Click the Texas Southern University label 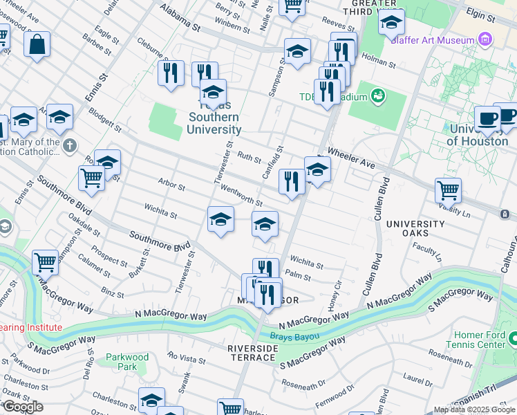pos(215,118)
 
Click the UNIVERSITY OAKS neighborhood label pos(415,229)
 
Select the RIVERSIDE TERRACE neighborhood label pos(253,353)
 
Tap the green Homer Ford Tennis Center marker pos(513,339)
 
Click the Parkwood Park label pos(126,362)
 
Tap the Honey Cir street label pos(335,294)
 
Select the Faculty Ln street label pos(427,251)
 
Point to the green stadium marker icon pos(377,95)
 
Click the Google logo pos(23,407)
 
